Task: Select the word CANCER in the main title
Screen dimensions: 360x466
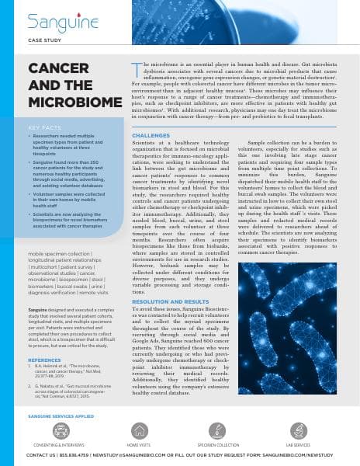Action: (57, 68)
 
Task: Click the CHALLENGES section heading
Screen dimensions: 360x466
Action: (151, 134)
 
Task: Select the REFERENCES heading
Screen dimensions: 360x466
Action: (44, 360)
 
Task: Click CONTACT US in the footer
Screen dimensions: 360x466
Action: (41, 454)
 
